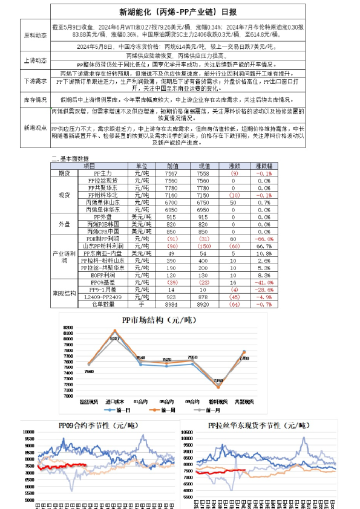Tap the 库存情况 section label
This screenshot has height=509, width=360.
click(x=34, y=99)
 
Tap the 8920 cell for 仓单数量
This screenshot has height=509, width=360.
click(x=203, y=304)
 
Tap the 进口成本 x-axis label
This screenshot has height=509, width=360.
click(x=114, y=402)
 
